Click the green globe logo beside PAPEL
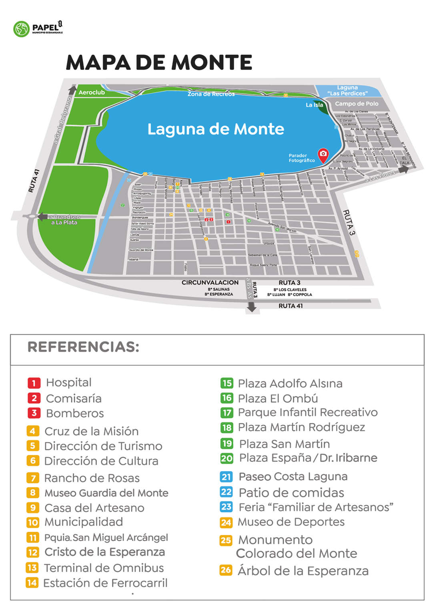(x=21, y=29)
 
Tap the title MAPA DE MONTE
(x=159, y=62)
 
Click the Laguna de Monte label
(x=215, y=129)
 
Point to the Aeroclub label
(x=92, y=92)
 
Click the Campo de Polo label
(x=357, y=104)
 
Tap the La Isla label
(x=314, y=105)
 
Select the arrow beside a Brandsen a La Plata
(x=42, y=217)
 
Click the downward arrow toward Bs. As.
(x=251, y=307)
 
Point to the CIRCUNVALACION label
(x=210, y=282)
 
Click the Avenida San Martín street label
(x=282, y=227)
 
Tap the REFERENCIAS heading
(x=83, y=347)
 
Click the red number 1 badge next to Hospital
(x=34, y=383)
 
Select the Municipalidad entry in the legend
(x=84, y=522)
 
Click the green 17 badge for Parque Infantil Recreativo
(x=227, y=412)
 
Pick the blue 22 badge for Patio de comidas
(x=227, y=492)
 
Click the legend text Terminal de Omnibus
(x=104, y=568)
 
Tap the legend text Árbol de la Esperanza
(x=303, y=571)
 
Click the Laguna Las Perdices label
(x=347, y=90)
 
